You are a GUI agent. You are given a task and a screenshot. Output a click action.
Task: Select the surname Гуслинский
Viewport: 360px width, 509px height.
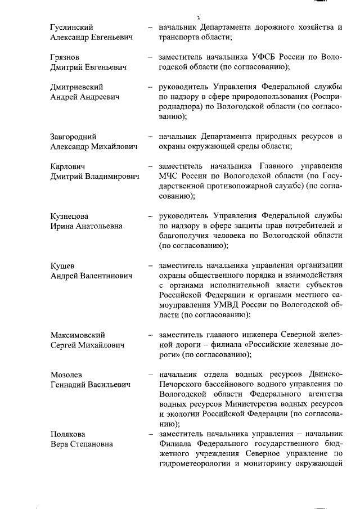71,27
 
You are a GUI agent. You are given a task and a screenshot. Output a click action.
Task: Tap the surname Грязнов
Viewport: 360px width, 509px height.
65,57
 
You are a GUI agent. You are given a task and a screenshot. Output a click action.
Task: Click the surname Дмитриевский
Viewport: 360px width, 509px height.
76,88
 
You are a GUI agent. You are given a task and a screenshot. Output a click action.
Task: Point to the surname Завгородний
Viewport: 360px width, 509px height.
73,137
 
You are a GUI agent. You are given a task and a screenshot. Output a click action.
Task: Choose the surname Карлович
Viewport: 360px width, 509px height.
68,166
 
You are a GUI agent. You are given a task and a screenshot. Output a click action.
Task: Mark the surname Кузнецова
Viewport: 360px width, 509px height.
70,216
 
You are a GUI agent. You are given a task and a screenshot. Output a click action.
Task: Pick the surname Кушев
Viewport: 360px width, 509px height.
62,265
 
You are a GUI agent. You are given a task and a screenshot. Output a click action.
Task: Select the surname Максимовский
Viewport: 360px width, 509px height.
78,335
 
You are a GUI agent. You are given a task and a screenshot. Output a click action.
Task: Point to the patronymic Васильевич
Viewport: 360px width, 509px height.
107,385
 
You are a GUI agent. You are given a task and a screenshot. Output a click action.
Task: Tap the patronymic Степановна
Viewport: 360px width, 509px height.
92,444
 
